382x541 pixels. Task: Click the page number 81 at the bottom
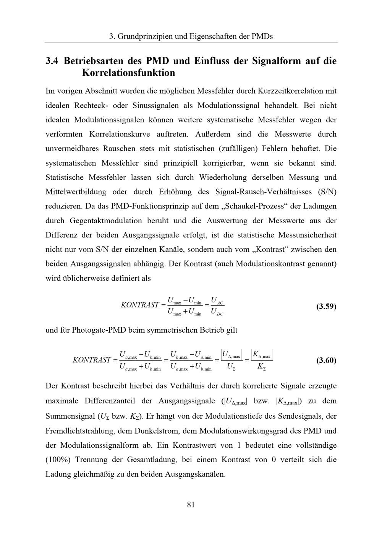191,504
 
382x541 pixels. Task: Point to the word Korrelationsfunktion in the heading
128,73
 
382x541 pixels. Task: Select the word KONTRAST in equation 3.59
140,305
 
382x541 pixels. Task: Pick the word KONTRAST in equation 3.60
92,360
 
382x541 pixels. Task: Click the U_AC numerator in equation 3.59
217,300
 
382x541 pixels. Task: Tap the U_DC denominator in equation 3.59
217,312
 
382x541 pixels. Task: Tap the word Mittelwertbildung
78,192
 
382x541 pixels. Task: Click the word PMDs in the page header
262,37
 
